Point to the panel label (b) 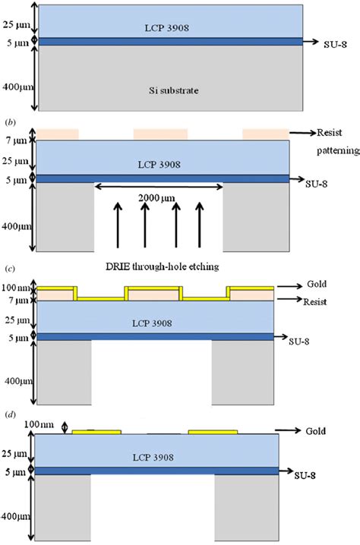coord(11,121)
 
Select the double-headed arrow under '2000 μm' coord(159,206)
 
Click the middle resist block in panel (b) coord(160,134)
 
